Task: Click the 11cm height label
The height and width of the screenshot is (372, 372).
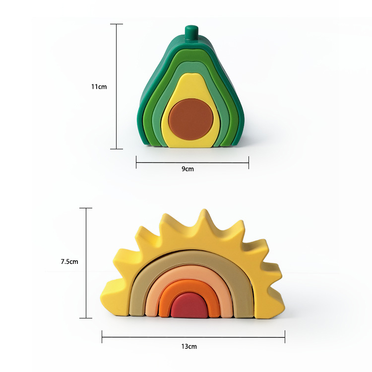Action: (99, 87)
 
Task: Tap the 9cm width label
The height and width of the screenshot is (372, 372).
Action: (187, 169)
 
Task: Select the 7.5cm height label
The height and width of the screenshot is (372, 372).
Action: (69, 261)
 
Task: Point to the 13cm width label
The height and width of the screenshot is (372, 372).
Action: (189, 346)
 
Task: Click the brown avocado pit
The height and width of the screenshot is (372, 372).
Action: (191, 119)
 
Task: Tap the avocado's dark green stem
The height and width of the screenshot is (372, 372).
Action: (191, 33)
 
